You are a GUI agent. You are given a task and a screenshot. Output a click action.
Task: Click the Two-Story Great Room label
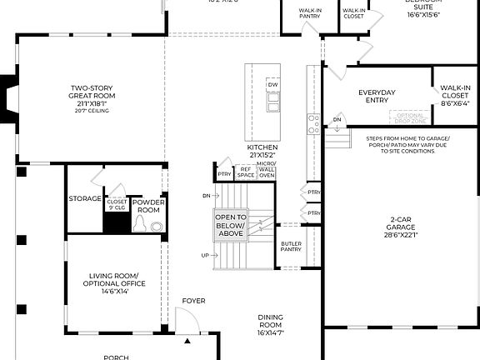(91, 97)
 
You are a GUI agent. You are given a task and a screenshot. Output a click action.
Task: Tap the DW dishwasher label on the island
(272, 85)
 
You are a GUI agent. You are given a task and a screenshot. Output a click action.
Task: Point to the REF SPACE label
(246, 172)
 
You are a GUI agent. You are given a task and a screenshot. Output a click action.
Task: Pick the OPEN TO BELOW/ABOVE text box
(231, 226)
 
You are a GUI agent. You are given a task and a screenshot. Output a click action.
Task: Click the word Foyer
(193, 301)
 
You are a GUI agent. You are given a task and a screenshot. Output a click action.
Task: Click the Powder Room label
(147, 206)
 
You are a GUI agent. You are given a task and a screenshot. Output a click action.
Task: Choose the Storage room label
(84, 199)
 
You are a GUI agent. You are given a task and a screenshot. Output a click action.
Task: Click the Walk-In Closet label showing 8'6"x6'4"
(455, 96)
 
